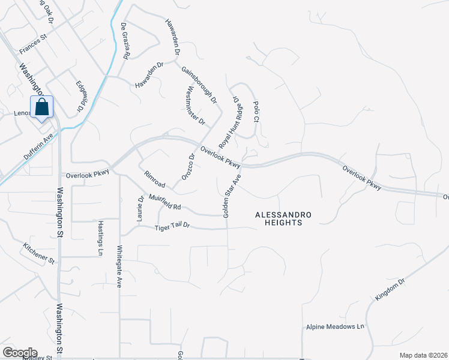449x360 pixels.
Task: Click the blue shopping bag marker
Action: point(41,108)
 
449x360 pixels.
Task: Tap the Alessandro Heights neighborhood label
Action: point(277,218)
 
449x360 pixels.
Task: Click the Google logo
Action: point(19,353)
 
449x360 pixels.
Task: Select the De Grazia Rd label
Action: point(124,40)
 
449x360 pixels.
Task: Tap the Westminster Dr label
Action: point(196,106)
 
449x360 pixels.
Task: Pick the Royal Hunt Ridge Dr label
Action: point(231,122)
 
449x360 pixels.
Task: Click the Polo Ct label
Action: point(256,112)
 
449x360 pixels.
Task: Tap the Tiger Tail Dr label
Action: point(172,227)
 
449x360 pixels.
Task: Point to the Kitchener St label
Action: point(38,253)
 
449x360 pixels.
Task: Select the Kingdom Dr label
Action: point(390,289)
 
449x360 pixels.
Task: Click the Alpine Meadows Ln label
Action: point(335,327)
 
